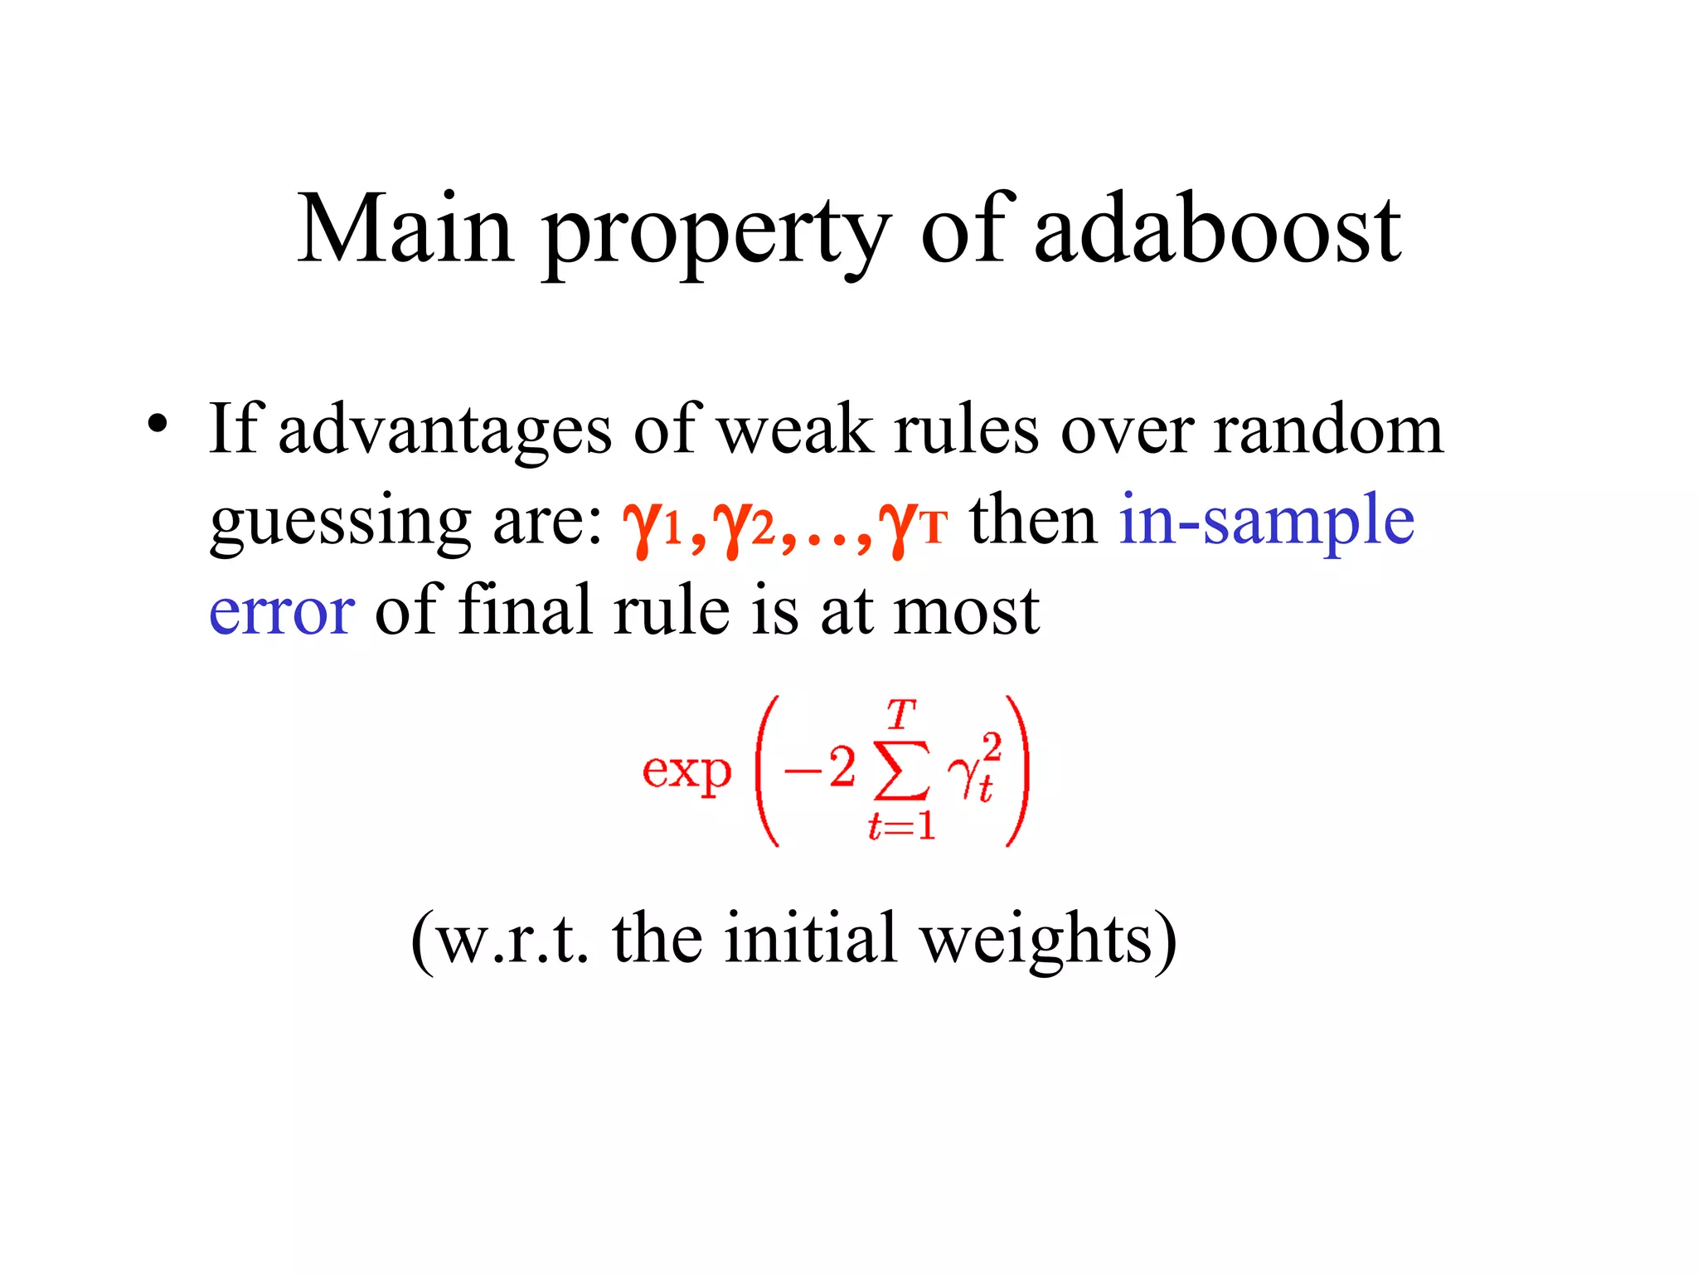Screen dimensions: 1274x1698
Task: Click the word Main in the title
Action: point(405,229)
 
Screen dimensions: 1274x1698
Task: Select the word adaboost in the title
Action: point(1218,229)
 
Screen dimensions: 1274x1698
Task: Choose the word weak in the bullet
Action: point(795,430)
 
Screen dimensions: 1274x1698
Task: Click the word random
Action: point(1328,430)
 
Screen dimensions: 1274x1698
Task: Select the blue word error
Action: point(282,611)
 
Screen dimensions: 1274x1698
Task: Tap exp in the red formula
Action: point(686,771)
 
